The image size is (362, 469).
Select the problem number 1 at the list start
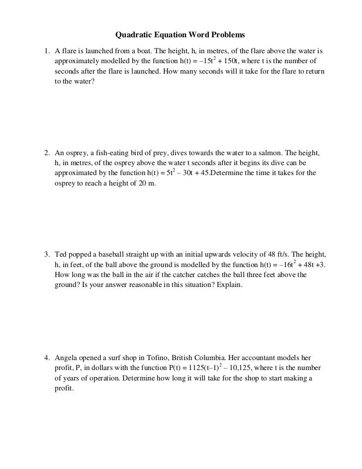[46, 51]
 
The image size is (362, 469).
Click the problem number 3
[46, 254]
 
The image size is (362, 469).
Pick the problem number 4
[46, 358]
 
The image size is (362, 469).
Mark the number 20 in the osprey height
[140, 184]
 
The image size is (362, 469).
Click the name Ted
[61, 254]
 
